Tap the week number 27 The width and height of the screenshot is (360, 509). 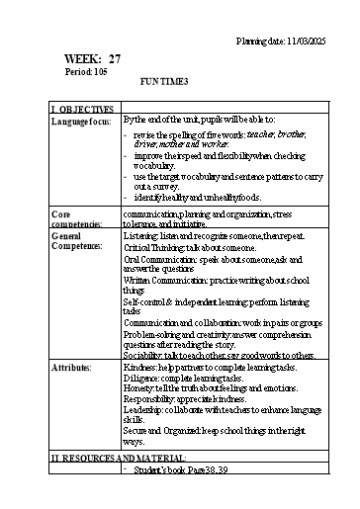[116, 59]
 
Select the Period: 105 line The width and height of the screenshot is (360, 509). [87, 73]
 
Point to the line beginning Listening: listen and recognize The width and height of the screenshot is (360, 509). [215, 237]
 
